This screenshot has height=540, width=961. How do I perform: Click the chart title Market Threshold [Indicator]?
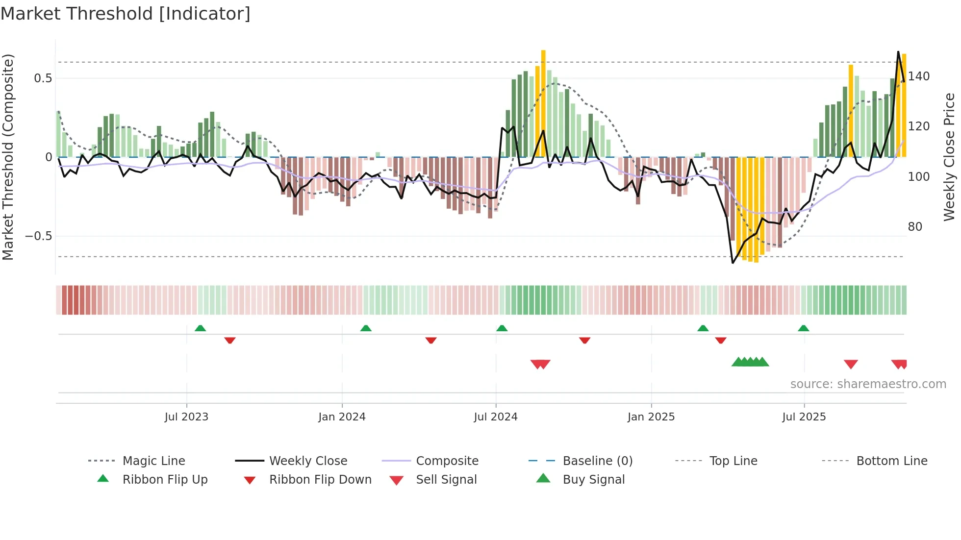(126, 14)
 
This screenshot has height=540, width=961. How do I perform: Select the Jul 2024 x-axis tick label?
(495, 417)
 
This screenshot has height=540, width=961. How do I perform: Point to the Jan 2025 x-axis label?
(651, 417)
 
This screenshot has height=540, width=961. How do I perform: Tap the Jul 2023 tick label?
(186, 417)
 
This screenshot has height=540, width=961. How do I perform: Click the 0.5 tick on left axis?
(43, 78)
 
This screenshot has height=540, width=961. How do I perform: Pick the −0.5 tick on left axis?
(39, 236)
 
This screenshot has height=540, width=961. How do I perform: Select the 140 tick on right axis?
(919, 76)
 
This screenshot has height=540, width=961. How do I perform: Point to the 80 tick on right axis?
(915, 227)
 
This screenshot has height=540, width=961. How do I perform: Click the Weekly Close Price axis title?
(949, 157)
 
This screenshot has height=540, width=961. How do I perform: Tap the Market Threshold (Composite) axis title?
(8, 157)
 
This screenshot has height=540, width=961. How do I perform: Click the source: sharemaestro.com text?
(868, 384)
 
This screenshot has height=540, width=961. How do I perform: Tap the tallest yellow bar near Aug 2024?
(543, 103)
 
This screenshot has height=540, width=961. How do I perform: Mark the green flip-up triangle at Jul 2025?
(803, 328)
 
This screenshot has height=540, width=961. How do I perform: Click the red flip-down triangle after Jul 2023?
(230, 340)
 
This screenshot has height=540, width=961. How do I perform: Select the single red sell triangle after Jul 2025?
(851, 364)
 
